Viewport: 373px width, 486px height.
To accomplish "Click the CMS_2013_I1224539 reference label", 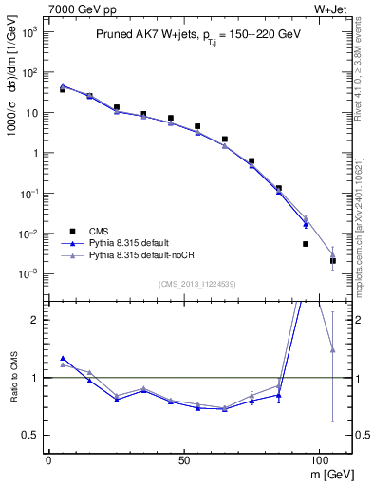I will pos(197,283).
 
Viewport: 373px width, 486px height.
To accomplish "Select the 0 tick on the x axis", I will pos(48,458).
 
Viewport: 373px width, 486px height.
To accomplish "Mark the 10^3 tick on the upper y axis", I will pos(28,31).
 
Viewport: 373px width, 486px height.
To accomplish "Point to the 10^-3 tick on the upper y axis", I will pos(28,274).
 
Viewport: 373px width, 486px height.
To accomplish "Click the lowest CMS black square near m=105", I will pos(333,260).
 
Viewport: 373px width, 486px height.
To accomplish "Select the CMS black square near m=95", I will pos(306,244).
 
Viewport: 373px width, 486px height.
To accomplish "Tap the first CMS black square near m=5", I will pos(63,89).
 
